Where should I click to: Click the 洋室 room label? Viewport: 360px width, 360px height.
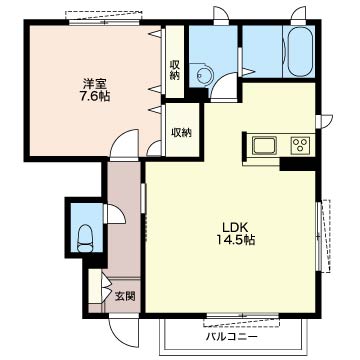93,83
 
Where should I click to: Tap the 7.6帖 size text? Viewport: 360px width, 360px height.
93,96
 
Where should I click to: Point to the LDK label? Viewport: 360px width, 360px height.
235,227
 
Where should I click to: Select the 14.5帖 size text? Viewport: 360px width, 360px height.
236,240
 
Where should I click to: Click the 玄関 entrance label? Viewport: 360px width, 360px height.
125,296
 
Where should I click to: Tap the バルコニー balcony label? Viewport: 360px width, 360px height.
232,337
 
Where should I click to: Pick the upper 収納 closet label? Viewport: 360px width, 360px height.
174,70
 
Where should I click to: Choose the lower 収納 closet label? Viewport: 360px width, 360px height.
182,133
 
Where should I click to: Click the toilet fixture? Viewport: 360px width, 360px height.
85,239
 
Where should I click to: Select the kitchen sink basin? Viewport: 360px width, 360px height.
264,146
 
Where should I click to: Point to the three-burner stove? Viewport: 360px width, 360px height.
300,146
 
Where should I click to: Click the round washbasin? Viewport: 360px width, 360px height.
203,75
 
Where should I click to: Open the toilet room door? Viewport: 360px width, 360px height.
114,214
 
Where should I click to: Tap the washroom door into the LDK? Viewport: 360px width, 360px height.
224,86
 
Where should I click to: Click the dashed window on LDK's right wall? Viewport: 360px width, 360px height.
324,236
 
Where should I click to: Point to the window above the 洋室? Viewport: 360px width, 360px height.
104,18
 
